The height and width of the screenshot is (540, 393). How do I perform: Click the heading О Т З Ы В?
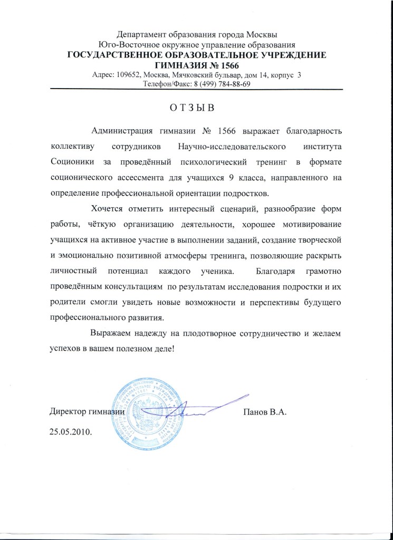193,109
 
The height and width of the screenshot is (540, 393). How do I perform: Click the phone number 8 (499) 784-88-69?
215,84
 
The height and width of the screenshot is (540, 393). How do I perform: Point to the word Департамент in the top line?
141,36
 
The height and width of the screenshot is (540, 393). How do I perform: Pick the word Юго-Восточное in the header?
125,45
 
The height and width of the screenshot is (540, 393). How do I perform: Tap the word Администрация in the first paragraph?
121,131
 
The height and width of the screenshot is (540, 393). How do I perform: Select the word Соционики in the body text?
73,160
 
